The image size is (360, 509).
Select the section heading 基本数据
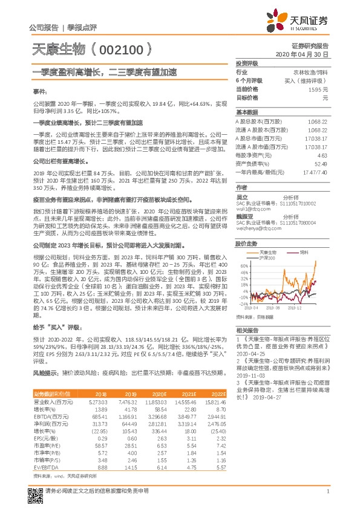click(247, 113)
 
